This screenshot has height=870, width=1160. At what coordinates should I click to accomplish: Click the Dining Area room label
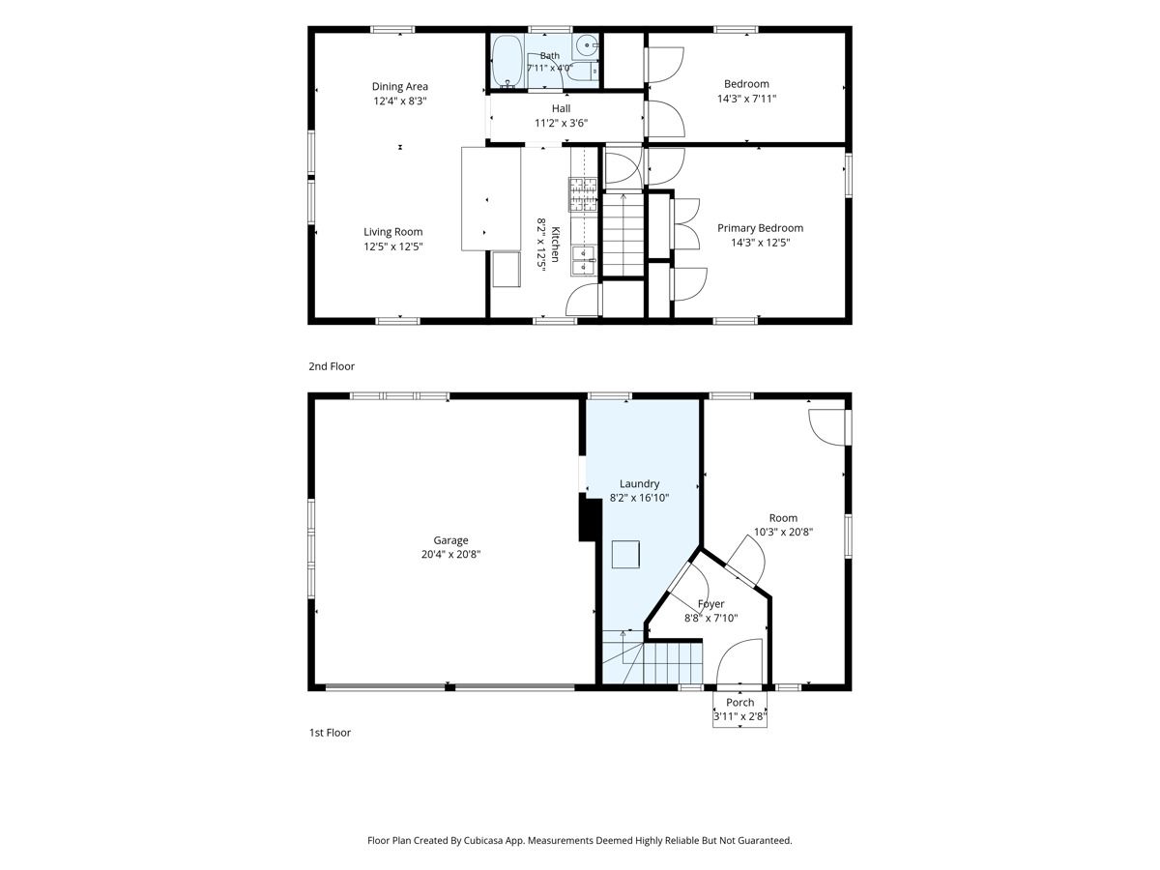399,87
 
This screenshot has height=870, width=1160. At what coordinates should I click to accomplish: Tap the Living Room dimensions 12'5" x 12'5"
392,246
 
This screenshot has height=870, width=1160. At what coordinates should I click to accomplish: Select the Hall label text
561,108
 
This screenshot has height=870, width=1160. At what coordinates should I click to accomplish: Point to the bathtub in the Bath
507,61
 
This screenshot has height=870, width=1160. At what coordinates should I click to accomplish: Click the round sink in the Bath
585,46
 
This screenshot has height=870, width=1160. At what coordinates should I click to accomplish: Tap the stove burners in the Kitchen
582,194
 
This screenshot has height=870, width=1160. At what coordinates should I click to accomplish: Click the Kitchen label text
555,244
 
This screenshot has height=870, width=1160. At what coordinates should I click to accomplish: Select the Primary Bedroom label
760,228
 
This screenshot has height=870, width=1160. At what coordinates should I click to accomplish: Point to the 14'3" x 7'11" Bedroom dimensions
746,99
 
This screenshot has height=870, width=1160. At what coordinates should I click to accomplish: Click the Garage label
450,540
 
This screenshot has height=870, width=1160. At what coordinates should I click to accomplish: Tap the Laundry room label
639,484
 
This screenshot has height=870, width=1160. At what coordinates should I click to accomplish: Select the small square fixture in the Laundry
625,555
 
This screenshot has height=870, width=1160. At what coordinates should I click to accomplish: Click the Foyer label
710,604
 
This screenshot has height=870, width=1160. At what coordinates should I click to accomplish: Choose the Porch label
739,703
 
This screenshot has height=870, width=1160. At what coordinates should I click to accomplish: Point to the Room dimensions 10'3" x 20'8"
783,533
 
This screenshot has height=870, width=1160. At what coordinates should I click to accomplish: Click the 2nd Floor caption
332,366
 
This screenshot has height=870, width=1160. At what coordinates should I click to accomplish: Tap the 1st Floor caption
330,733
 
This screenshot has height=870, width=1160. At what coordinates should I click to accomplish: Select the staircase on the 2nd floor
623,235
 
